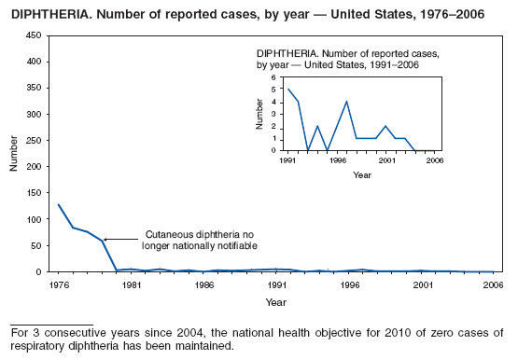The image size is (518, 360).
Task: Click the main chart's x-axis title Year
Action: (275, 301)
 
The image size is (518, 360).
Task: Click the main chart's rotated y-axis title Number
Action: (13, 154)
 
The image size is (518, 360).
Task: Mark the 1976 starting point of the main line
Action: (59, 204)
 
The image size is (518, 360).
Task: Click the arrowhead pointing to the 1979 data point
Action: (105, 240)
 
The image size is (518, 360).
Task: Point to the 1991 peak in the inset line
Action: (288, 90)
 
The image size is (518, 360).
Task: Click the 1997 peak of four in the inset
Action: (346, 102)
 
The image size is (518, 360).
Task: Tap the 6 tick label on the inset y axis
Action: (275, 77)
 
